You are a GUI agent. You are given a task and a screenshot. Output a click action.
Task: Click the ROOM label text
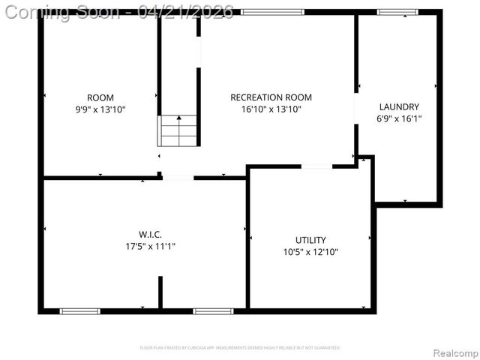point(100,97)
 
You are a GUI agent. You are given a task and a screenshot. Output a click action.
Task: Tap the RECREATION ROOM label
point(271,97)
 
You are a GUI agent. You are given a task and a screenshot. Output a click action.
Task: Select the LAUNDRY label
point(399,106)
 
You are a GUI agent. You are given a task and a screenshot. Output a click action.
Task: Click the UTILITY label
point(310,240)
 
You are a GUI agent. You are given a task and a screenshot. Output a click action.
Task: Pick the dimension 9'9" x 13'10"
point(100,109)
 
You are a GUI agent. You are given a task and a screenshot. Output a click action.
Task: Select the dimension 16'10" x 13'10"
point(271,109)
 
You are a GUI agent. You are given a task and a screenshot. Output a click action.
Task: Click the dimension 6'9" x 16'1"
point(399,118)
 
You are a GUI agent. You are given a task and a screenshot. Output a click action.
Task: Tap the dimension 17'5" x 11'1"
point(150,247)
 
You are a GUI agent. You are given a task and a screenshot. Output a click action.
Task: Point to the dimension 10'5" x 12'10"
point(310,252)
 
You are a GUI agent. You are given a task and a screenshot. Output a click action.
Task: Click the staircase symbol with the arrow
point(178,130)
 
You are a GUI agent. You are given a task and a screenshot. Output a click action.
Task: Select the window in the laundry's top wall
point(397,12)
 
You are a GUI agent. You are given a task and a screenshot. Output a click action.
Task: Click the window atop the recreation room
point(272,12)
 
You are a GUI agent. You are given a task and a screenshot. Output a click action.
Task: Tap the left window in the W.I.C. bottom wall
point(79,310)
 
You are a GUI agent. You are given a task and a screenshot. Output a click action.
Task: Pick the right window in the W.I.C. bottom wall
point(213,310)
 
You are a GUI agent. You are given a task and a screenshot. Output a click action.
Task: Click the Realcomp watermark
point(452,352)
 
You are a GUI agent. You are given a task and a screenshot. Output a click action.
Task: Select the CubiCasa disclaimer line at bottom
point(240,347)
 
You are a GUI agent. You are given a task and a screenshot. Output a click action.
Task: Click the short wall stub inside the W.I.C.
point(160,292)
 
